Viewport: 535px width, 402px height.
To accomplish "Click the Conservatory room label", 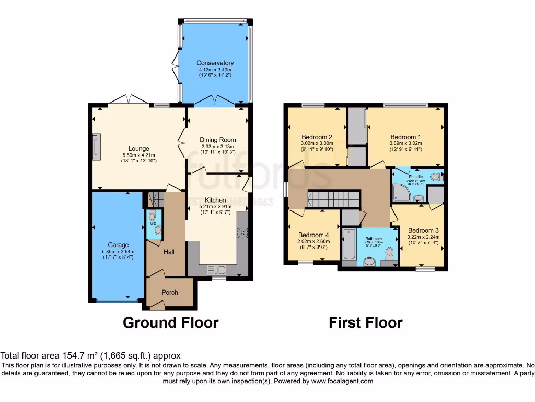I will point(215,63).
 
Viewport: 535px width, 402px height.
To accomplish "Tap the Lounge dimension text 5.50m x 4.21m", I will point(139,155).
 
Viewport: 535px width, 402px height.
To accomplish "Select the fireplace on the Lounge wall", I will point(96,146).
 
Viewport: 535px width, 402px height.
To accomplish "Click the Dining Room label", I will point(218,140).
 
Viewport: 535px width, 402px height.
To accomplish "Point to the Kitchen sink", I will point(216,270).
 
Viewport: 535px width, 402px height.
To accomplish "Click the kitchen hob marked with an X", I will point(242,233).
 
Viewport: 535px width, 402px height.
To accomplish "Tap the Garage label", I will point(118,245).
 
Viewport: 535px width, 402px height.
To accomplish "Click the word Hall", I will point(169,252).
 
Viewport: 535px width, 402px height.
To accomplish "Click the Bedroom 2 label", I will point(317,137).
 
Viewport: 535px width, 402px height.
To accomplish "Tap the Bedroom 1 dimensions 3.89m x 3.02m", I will point(405,143).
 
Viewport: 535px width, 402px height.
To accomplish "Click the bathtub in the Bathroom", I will point(348,244).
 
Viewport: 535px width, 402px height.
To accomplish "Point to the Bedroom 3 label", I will point(423,230).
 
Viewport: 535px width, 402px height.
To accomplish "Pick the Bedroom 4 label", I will point(313,235).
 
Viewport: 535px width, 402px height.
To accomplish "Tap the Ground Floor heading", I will point(170,322).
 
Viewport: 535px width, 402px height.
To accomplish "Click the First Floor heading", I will point(365,322).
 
